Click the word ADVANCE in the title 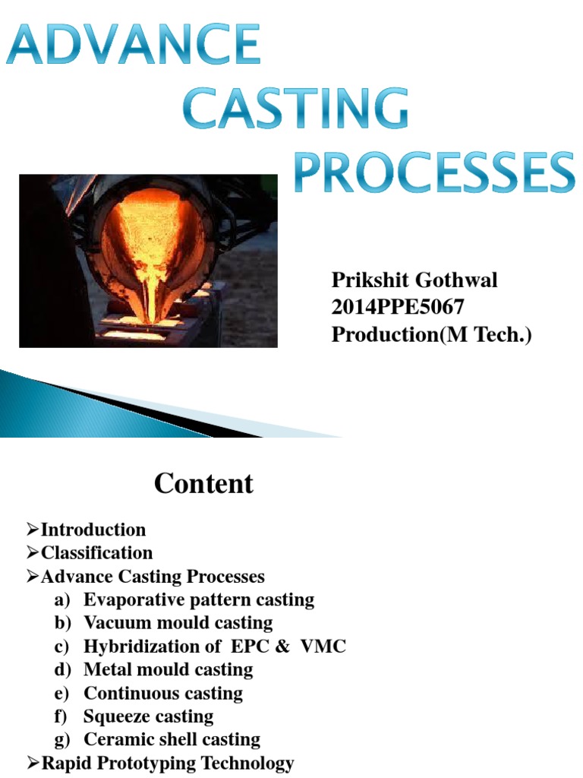click(134, 47)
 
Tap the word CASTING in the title click(296, 110)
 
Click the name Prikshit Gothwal click(414, 280)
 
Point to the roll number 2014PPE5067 click(398, 308)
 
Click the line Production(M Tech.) click(432, 335)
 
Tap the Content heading click(203, 484)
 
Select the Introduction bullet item click(93, 530)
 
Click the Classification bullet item click(96, 552)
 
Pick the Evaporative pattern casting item click(198, 599)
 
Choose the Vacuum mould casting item click(178, 623)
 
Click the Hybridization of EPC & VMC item click(214, 647)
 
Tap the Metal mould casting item click(168, 670)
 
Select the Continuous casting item click(163, 694)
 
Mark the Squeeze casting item click(148, 716)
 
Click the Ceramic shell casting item click(172, 739)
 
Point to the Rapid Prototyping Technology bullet click(167, 764)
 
